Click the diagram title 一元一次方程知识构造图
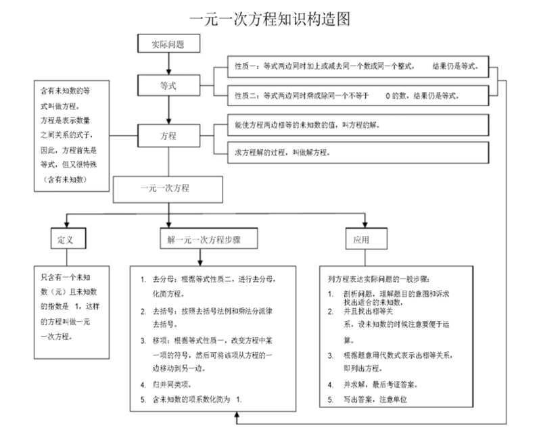pos(270,19)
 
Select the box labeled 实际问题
pos(168,43)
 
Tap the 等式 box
pos(168,85)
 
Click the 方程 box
pos(168,135)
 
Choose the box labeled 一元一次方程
pos(168,189)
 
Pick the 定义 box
pos(68,239)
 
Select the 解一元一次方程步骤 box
pos(209,239)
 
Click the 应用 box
pos(367,239)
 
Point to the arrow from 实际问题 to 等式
pos(168,64)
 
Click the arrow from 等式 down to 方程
pos(168,110)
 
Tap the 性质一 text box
pos(358,66)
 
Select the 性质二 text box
pos(358,95)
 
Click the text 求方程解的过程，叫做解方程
pos(283,152)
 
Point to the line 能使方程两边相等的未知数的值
pos(308,125)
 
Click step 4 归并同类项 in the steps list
pos(166,385)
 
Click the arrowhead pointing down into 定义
pos(66,224)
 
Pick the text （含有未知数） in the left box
pos(64,179)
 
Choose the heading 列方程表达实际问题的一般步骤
pos(379,279)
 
